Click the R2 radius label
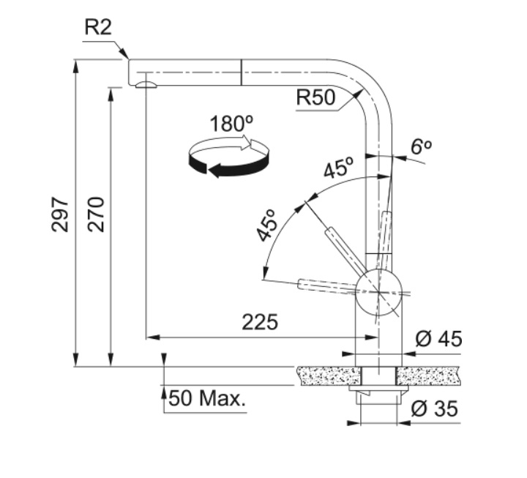(x=98, y=27)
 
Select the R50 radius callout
(x=315, y=97)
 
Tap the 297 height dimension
(x=60, y=214)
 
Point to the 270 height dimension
(x=96, y=214)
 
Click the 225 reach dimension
(x=260, y=322)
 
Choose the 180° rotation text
(x=231, y=124)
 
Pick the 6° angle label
(x=421, y=146)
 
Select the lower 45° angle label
(x=266, y=225)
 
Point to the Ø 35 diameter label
(x=434, y=408)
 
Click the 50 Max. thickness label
(x=207, y=398)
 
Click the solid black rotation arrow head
(x=215, y=170)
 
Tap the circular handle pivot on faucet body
(x=379, y=293)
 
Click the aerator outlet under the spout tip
(x=146, y=85)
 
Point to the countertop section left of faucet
(x=328, y=376)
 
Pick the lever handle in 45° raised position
(x=345, y=249)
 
